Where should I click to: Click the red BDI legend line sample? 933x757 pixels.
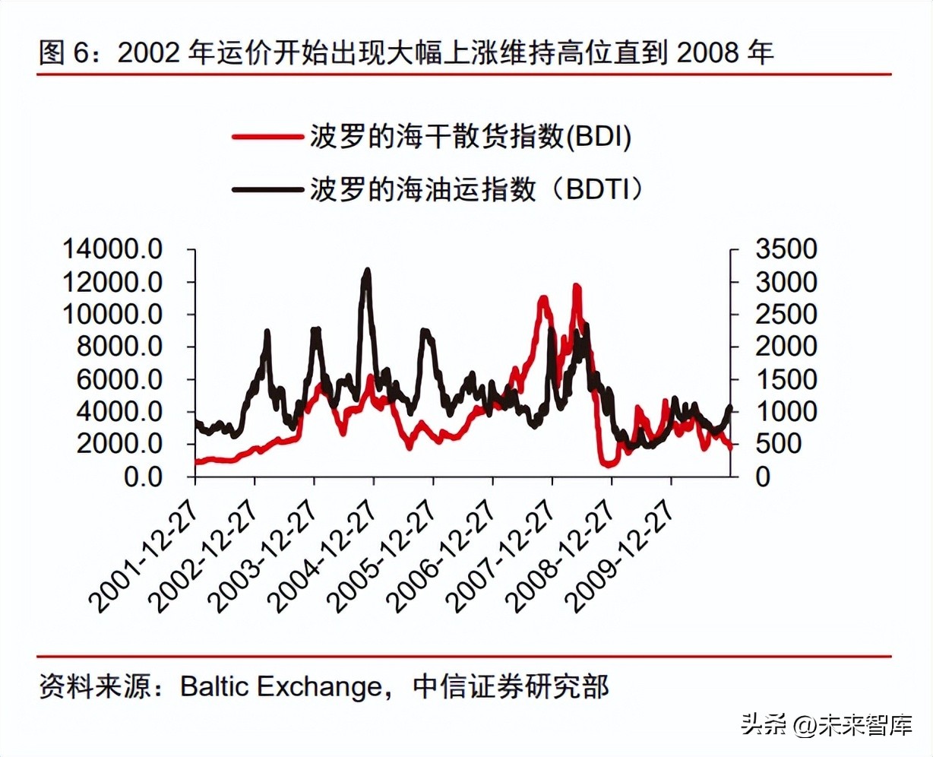[267, 137]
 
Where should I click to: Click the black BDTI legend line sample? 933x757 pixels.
[267, 188]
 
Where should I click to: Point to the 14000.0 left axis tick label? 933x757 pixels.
[112, 249]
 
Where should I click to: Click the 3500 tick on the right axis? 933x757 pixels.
[786, 249]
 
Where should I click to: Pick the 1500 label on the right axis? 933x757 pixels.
[786, 379]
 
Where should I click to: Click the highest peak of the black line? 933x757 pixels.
[368, 271]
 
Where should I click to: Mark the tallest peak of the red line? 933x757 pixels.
[577, 287]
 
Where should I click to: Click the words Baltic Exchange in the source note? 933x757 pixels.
[281, 686]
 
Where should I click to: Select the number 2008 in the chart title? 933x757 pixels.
[707, 52]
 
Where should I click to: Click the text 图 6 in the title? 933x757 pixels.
[64, 52]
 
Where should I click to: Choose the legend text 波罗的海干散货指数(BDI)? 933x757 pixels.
[470, 137]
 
